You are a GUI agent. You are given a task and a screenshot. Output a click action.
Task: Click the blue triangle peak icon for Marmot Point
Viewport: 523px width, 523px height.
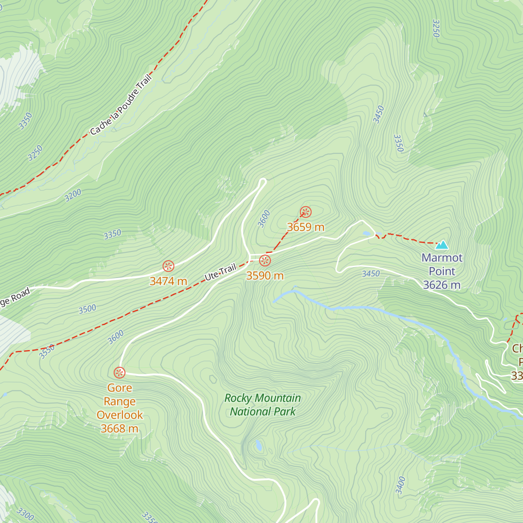tap(442, 245)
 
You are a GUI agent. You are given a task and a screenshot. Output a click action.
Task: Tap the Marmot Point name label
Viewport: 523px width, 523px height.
tap(442, 265)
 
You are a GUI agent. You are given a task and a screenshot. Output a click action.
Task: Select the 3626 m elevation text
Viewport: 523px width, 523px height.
tap(441, 285)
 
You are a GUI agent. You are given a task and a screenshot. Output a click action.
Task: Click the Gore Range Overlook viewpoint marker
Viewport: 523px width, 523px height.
tap(119, 373)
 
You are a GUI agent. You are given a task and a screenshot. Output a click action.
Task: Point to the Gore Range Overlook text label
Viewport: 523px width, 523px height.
tap(119, 401)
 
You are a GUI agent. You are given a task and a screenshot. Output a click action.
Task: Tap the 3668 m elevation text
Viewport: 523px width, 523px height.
tap(119, 429)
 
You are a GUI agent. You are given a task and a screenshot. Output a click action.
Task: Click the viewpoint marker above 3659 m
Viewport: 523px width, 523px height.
tap(306, 212)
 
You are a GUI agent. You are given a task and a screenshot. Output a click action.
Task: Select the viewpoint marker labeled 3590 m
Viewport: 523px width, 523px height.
tap(265, 261)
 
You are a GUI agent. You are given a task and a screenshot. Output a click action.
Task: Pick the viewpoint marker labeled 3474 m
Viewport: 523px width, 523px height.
tap(169, 266)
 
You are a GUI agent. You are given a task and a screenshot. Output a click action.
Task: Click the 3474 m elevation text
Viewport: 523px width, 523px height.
tap(168, 282)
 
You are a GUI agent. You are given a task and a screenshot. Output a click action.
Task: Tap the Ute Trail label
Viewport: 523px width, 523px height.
tap(221, 272)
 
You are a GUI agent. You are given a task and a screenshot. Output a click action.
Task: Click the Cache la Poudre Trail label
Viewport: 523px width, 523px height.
tap(121, 105)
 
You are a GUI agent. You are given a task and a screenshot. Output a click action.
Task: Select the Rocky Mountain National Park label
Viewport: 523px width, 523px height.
tap(263, 405)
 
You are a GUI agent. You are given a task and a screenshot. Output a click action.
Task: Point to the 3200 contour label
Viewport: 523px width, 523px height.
tap(73, 195)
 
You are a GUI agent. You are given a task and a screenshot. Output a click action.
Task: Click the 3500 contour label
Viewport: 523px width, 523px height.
tap(87, 309)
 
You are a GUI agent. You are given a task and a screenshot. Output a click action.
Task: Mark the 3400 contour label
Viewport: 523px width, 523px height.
tap(401, 485)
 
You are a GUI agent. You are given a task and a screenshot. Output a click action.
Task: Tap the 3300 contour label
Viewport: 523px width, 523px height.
tap(25, 514)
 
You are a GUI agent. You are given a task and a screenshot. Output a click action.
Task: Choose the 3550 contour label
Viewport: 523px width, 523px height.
tap(47, 351)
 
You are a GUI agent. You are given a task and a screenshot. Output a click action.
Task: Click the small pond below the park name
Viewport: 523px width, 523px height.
tap(259, 445)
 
